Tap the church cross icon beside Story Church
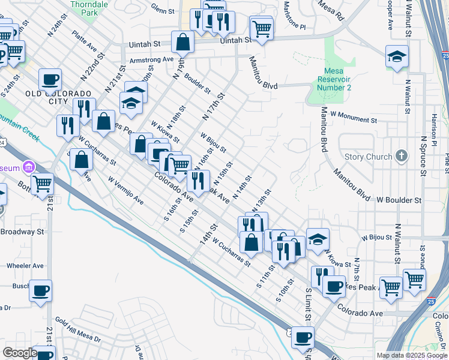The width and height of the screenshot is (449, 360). (402, 157)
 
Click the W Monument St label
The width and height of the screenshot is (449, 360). (353, 120)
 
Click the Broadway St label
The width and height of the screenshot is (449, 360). (23, 232)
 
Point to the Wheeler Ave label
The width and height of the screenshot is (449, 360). (25, 265)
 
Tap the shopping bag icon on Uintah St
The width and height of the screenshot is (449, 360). (182, 43)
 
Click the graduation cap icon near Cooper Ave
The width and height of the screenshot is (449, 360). (397, 57)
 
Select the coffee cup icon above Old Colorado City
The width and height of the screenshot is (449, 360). (50, 80)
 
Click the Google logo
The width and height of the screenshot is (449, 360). (20, 353)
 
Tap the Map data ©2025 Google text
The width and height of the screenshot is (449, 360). (412, 355)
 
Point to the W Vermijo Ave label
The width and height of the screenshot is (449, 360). (126, 190)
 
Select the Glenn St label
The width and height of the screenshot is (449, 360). (162, 10)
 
